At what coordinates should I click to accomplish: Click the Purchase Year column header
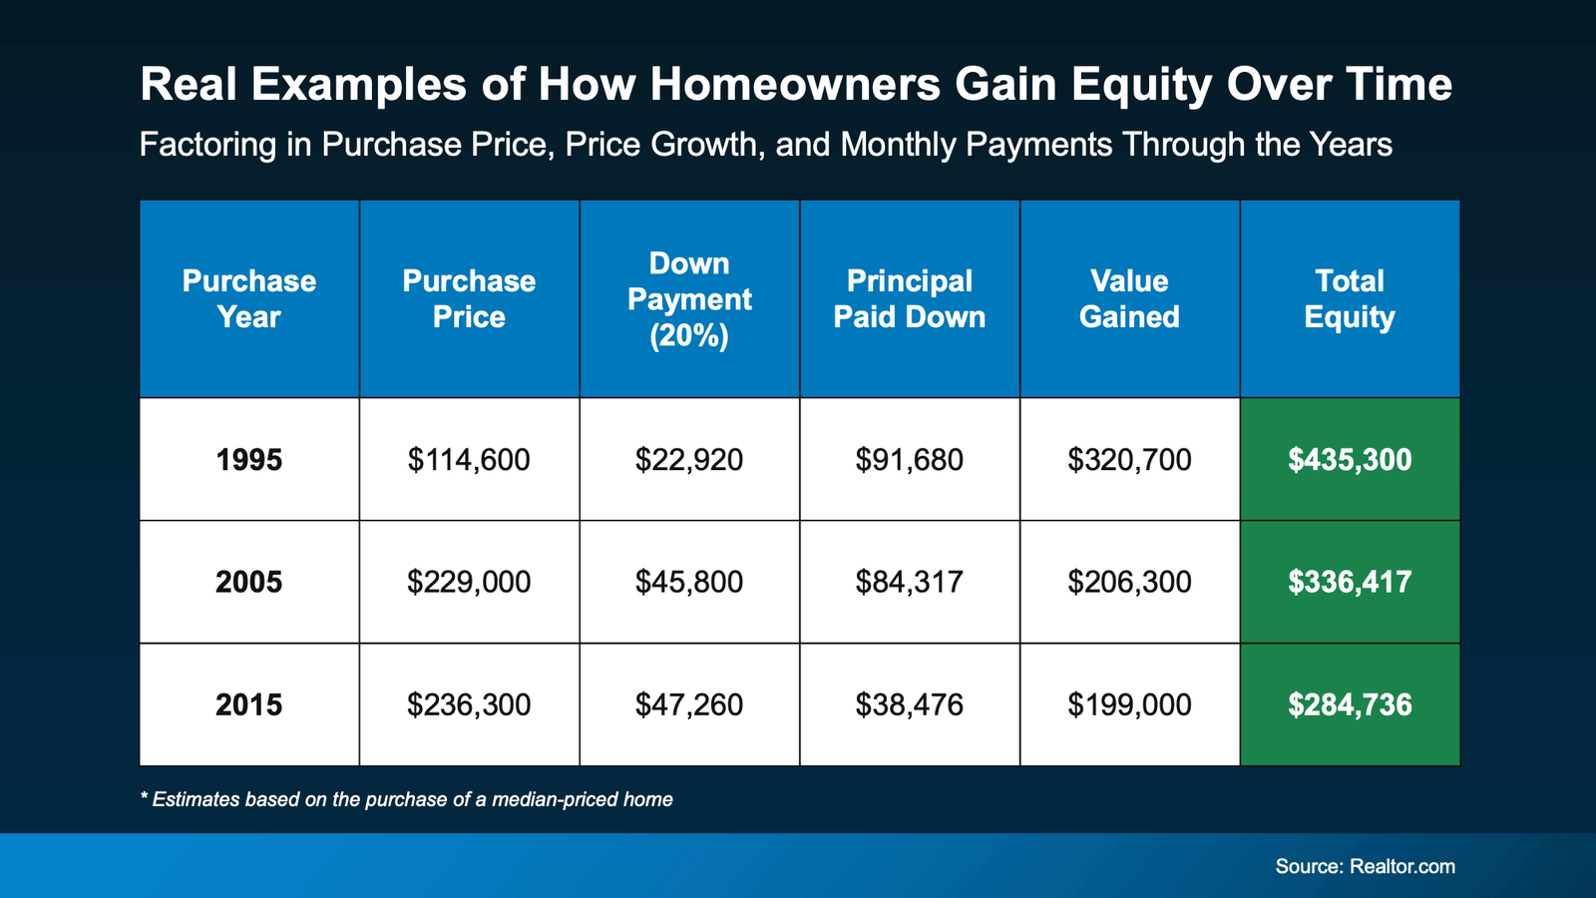click(249, 298)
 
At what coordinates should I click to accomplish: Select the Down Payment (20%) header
click(689, 298)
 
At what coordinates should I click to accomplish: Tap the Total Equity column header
click(1350, 298)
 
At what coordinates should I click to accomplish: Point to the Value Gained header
click(1129, 298)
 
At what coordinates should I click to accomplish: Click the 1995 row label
click(249, 460)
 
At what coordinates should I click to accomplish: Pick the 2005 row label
click(249, 582)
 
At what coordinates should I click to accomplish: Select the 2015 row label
click(249, 704)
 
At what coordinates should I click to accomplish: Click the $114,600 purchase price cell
click(469, 460)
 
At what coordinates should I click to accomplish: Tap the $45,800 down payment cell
click(689, 582)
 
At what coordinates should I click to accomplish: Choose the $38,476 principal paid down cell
click(909, 704)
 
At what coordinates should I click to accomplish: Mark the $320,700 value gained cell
click(1129, 460)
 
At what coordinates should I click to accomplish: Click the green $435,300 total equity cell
click(1350, 460)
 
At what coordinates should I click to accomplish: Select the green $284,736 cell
click(1350, 704)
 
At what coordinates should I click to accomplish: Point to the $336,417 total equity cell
click(1350, 582)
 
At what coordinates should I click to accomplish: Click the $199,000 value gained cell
click(1129, 704)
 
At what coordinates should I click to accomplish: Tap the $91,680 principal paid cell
click(909, 460)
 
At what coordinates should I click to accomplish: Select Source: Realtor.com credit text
click(1365, 866)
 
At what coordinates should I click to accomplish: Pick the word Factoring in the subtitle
click(207, 146)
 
